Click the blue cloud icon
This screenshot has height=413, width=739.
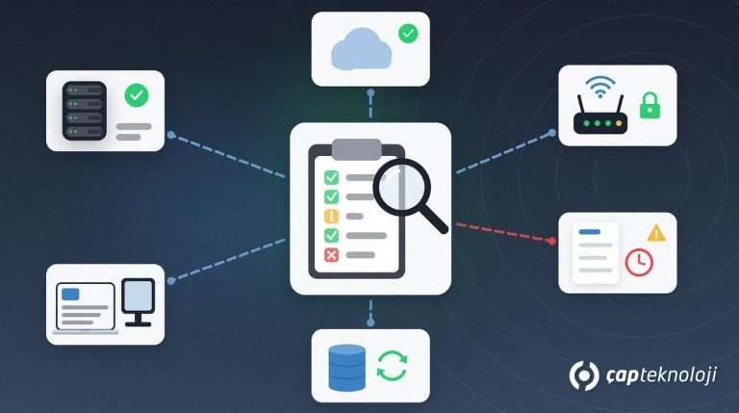pos(361,49)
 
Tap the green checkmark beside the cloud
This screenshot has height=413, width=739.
pos(408,34)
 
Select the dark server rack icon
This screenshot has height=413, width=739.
pos(85,111)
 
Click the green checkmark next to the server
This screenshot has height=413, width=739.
pos(137,95)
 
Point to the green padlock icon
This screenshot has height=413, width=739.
pos(650,106)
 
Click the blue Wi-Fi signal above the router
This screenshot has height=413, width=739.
pos(600,87)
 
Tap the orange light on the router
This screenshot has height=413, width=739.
pos(619,123)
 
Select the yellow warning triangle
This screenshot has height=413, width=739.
pos(656,233)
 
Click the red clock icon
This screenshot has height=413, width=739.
pos(639,263)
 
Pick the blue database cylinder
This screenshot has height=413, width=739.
pos(346,368)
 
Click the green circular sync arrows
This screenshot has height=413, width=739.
pos(393,366)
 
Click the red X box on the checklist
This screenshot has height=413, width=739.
pos(331,255)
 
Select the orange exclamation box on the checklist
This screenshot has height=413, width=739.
pos(331,217)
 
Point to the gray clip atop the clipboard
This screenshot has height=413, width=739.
pos(357,149)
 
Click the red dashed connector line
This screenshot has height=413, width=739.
pos(504,232)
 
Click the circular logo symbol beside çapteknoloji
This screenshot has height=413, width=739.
pos(584,375)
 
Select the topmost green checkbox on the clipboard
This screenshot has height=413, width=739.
pos(331,177)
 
